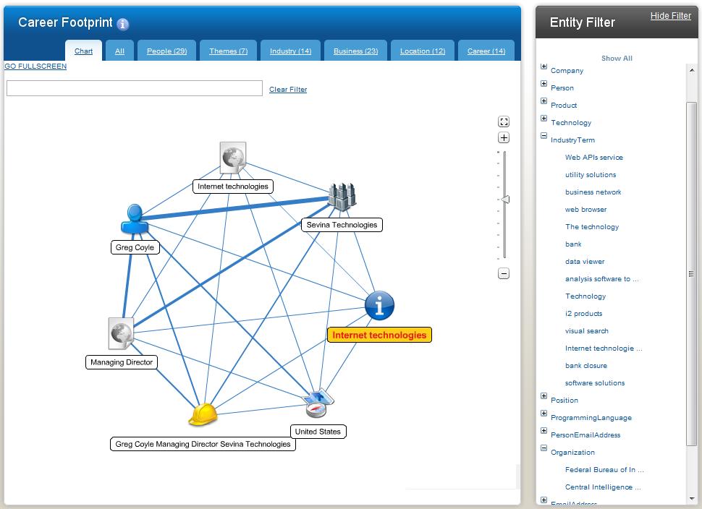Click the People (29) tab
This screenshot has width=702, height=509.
pos(166,51)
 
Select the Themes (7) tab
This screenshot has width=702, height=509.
pos(228,51)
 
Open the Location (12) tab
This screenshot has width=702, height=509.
pos(422,51)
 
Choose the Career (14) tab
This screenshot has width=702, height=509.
pos(486,51)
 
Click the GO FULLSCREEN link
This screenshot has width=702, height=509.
pos(35,67)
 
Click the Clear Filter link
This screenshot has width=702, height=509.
pos(288,90)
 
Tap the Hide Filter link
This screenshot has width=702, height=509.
pos(670,16)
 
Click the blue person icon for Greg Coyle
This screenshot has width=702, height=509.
pos(135,219)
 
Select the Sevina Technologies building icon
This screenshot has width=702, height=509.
pos(342,197)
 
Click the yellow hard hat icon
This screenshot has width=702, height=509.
pos(203,415)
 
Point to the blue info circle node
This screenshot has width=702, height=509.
pos(379,305)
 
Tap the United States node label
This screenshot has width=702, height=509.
pos(317,432)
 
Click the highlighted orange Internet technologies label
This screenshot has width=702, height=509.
pos(379,335)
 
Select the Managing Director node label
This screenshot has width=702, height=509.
pos(122,362)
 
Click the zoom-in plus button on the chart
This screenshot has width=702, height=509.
pos(504,138)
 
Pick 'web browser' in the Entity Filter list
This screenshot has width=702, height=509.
pos(585,210)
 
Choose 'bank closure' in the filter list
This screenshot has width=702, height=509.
pos(585,366)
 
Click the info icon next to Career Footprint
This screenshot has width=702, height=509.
pos(123,25)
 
